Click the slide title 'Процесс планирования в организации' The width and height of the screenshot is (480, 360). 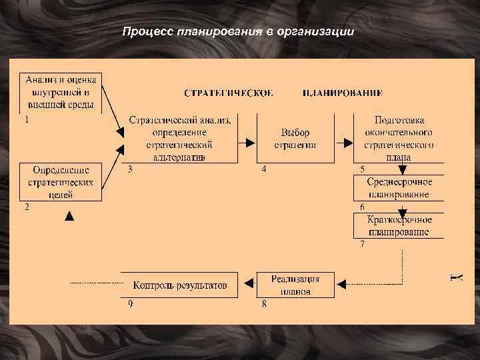[x=239, y=32]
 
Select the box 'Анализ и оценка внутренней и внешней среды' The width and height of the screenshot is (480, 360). [x=61, y=91]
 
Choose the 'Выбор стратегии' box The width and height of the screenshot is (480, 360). [x=295, y=138]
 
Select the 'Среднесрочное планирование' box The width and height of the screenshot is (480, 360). [x=399, y=188]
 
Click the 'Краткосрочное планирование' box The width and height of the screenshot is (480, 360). [x=399, y=226]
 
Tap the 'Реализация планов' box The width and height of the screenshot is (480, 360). [x=295, y=285]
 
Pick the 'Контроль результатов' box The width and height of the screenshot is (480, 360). [x=179, y=285]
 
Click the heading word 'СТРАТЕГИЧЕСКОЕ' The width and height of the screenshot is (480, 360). [x=228, y=93]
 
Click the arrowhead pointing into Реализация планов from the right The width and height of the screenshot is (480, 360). [x=342, y=285]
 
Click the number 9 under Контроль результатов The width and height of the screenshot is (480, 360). [x=131, y=304]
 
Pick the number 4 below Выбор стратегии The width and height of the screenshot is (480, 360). [x=264, y=169]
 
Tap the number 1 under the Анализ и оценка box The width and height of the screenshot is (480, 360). [x=26, y=121]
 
